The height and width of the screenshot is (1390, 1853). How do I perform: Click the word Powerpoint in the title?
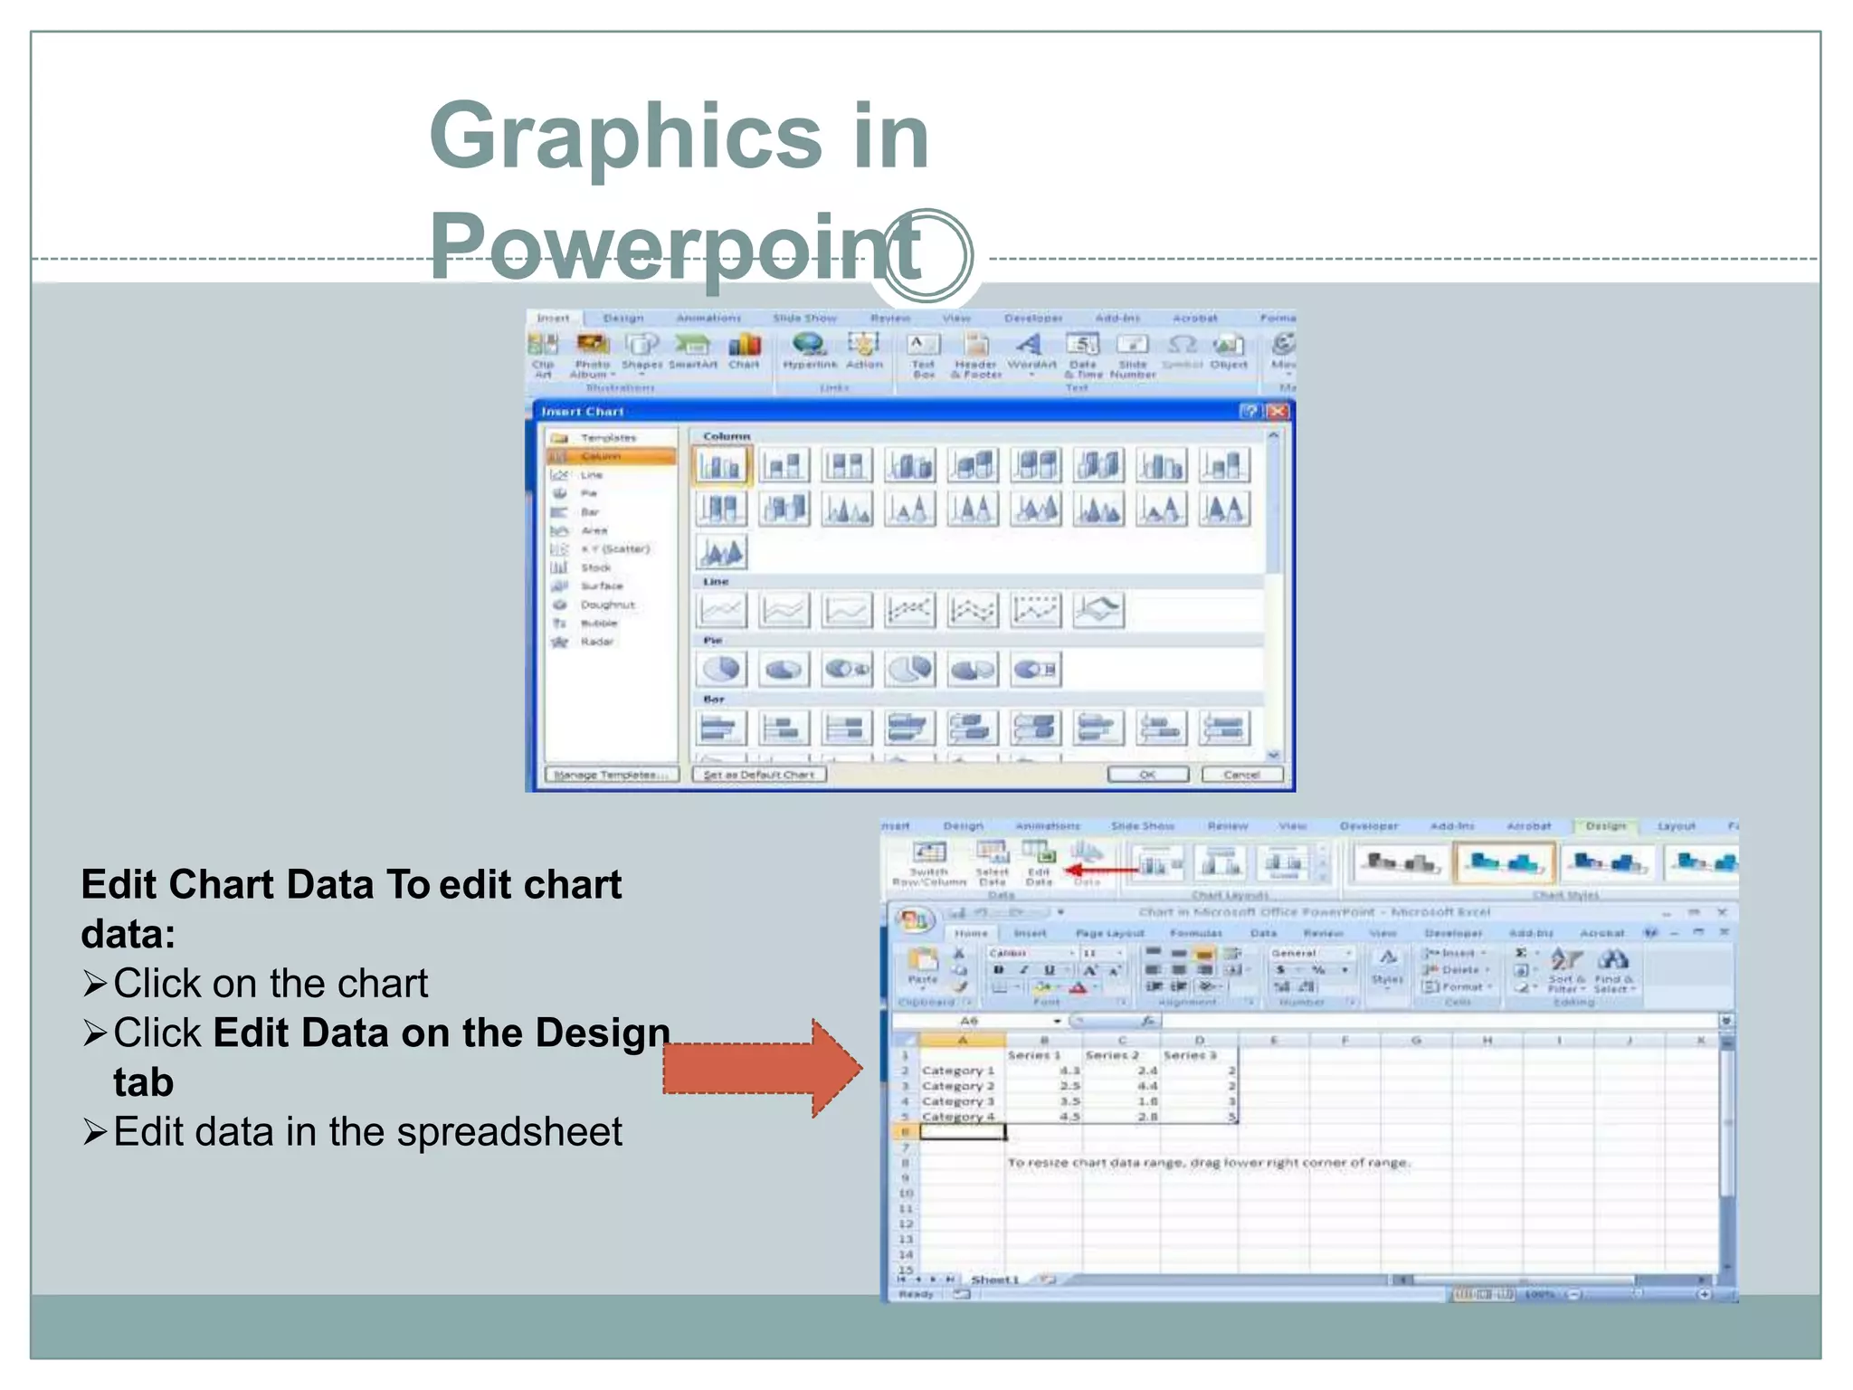pos(674,246)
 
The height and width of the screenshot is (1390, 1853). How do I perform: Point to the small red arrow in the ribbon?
pos(1100,871)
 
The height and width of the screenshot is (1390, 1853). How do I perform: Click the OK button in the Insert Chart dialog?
pos(1147,775)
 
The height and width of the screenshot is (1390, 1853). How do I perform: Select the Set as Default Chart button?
pos(758,775)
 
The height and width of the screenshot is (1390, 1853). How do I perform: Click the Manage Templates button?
pos(611,775)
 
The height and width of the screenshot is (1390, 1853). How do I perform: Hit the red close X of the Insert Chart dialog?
pos(1277,412)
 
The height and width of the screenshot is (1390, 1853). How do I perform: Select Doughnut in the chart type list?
pos(606,605)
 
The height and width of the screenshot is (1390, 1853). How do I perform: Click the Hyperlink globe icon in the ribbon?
pos(808,348)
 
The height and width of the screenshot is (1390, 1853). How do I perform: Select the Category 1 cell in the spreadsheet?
pos(957,1071)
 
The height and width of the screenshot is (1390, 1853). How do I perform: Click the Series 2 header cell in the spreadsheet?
pos(1111,1055)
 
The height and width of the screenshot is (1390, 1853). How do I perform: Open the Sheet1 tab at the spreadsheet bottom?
pos(994,1280)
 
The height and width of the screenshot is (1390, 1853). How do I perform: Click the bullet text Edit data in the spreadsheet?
pos(367,1131)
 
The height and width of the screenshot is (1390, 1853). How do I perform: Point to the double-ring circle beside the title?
pos(926,256)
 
